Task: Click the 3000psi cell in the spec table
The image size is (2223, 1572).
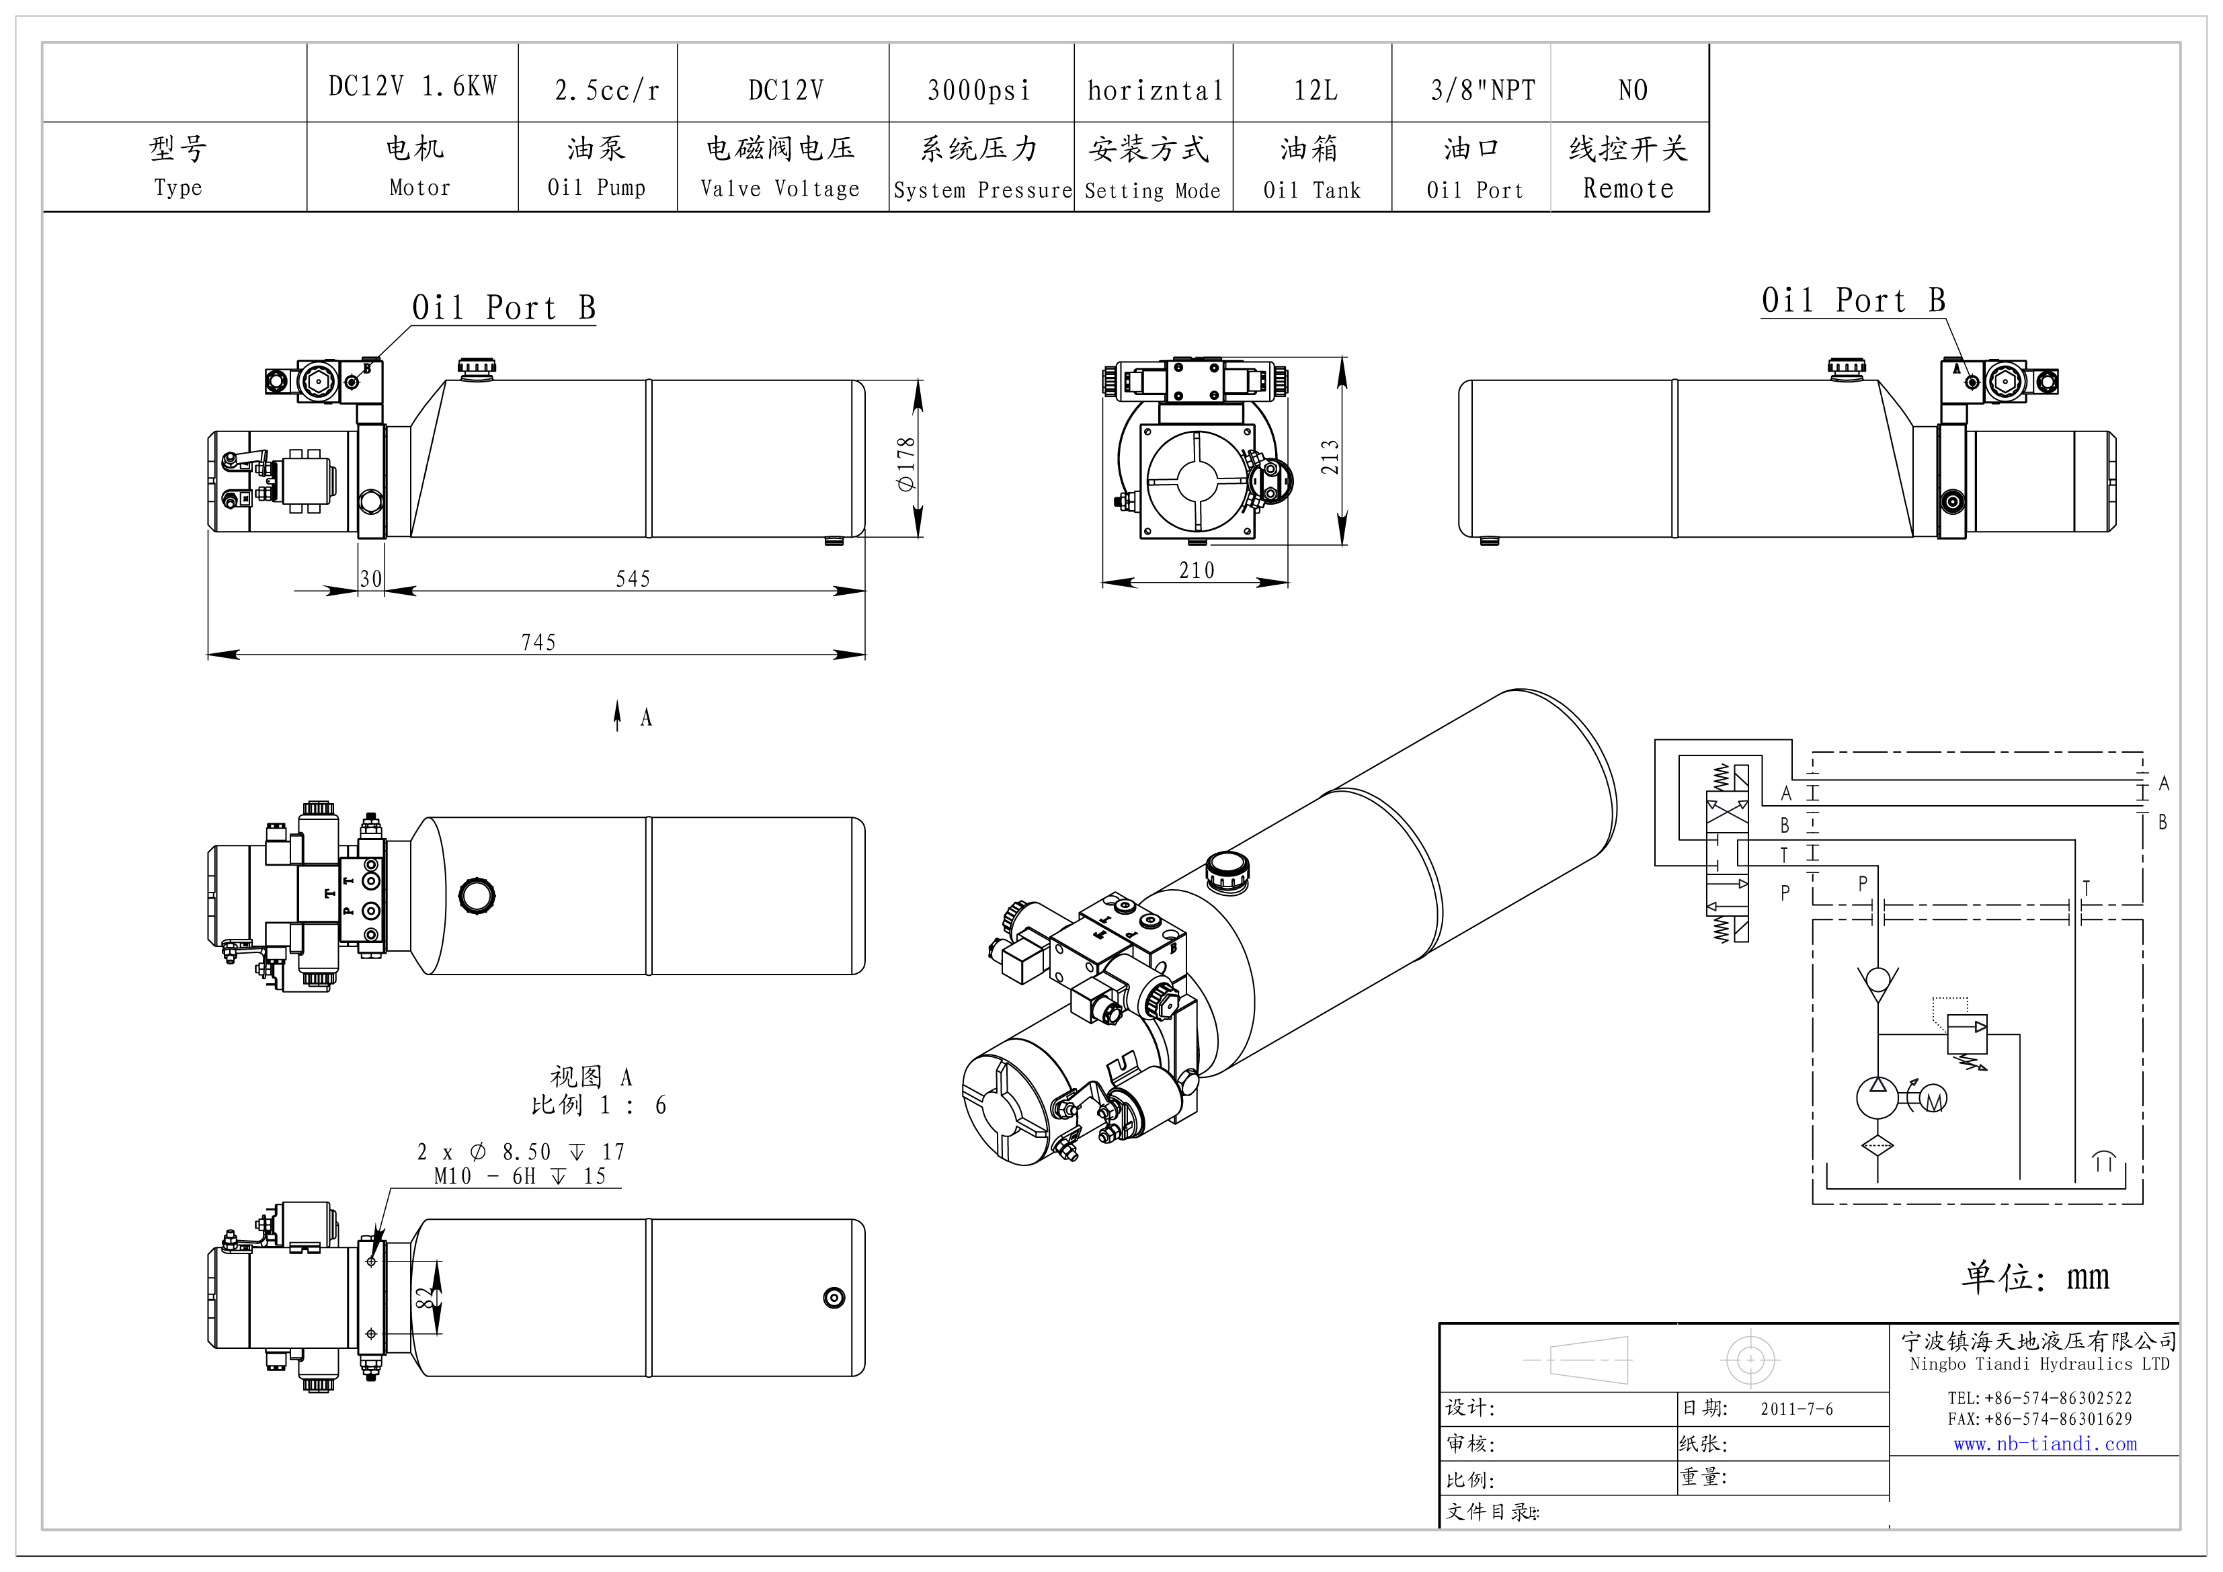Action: coord(979,90)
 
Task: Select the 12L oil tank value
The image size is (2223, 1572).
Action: coord(1315,90)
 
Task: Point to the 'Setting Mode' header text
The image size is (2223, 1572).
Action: coord(1152,191)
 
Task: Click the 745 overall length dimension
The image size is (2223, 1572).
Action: coord(538,642)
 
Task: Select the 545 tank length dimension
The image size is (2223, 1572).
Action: coord(633,579)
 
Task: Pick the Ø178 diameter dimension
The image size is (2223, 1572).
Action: coord(906,464)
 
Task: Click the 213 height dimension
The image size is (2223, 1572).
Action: coord(1330,457)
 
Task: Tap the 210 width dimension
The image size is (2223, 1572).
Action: coord(1196,570)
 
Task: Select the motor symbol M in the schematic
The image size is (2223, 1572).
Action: coord(1933,1102)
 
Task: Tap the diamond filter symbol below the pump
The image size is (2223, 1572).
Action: coord(1877,1146)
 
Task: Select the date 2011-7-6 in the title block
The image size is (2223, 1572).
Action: coord(1796,1409)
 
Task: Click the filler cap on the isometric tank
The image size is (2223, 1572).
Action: coord(1227,870)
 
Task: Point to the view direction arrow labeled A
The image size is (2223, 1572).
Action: coord(618,716)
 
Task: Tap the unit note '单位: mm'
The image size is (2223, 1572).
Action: coord(2035,1277)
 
